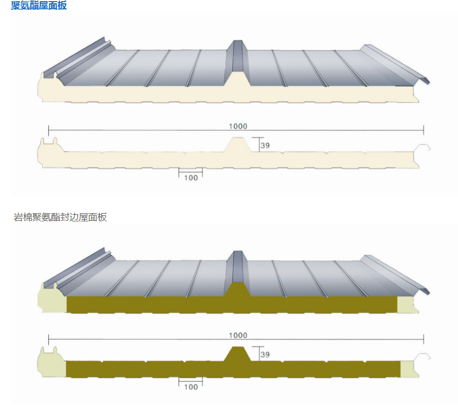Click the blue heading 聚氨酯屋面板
pos(38,5)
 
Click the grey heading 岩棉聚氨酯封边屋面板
pos(60,217)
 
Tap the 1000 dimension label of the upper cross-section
pos(238,126)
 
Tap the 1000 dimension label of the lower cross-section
pos(238,335)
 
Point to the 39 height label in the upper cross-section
pos(265,145)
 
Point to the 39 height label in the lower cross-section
pos(265,355)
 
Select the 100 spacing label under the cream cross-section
pos(191,178)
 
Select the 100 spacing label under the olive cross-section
pos(191,387)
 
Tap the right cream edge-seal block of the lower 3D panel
pos(407,304)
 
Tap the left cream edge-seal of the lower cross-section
pos(51,362)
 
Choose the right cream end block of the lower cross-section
pos(409,369)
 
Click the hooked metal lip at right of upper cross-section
pos(422,148)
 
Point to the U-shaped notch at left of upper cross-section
pos(49,141)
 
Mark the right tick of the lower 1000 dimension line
pos(424,339)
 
